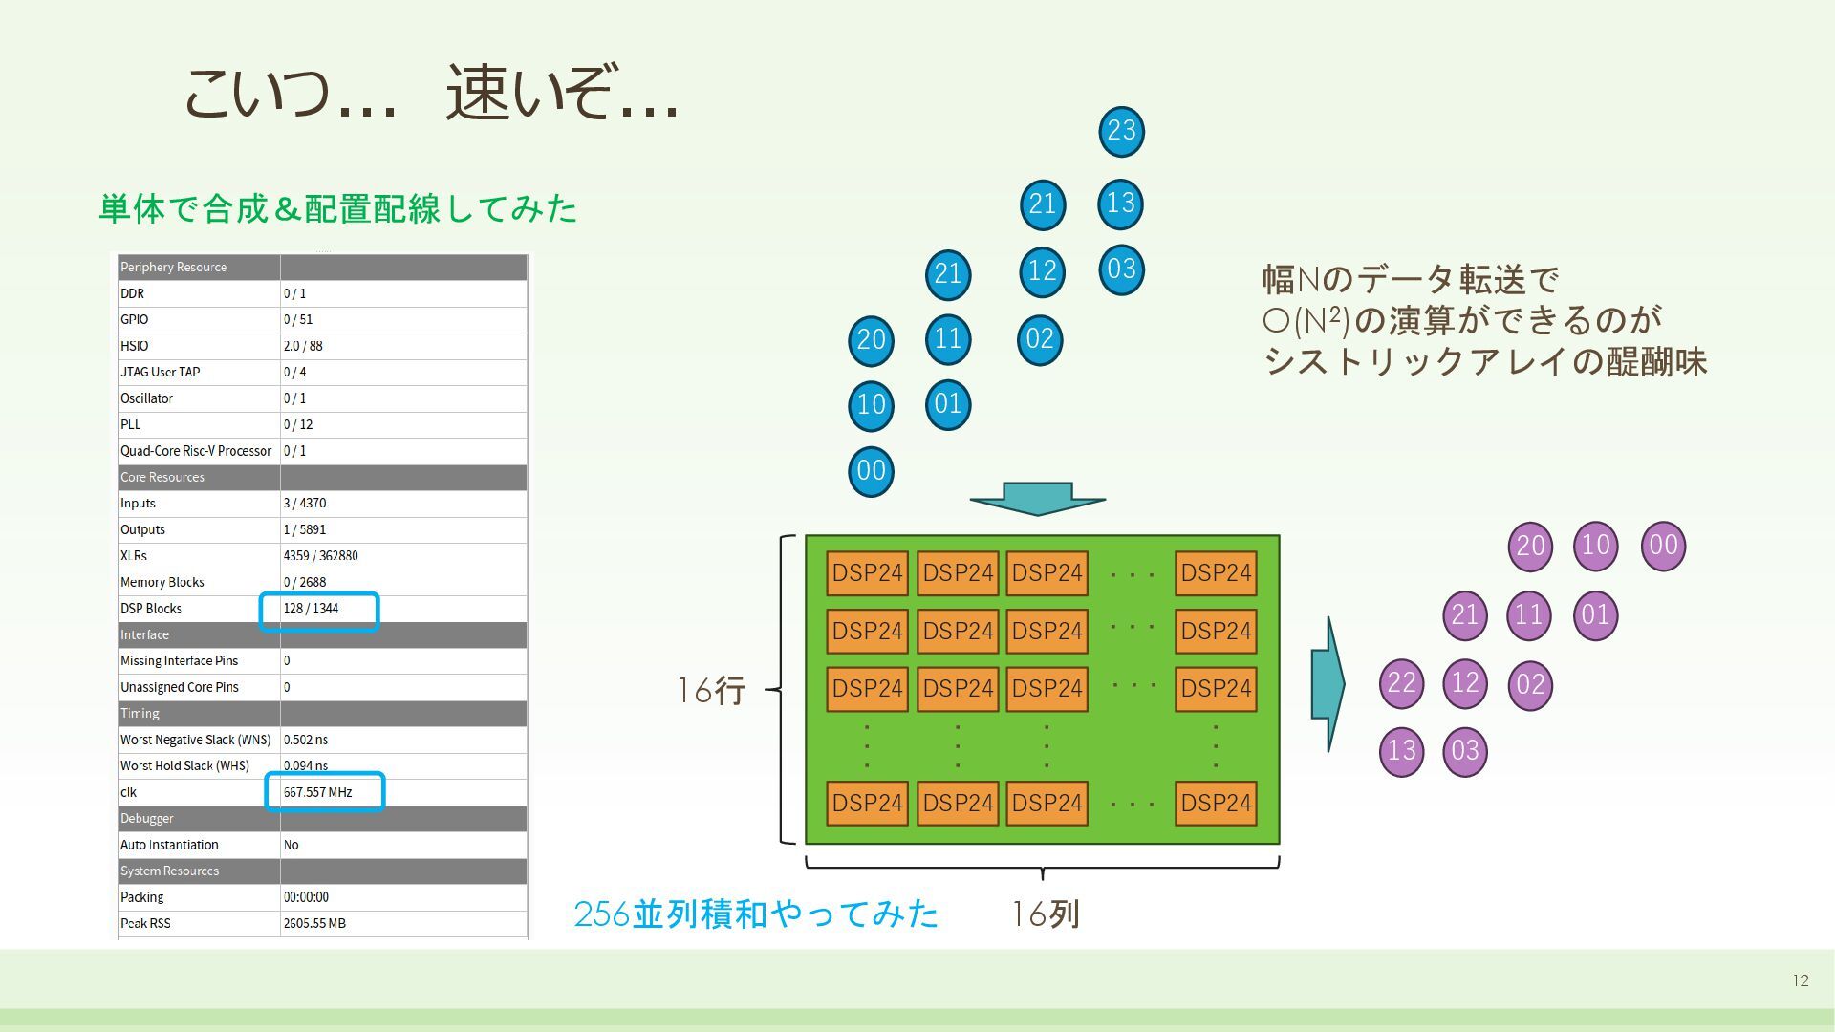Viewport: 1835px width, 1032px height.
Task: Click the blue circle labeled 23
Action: (x=1121, y=131)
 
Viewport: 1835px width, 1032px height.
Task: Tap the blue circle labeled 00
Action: (x=871, y=471)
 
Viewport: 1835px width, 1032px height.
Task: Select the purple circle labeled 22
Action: (x=1401, y=683)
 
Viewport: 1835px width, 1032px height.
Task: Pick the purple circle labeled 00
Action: (x=1663, y=546)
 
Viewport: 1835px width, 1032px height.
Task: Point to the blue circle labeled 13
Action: (x=1120, y=204)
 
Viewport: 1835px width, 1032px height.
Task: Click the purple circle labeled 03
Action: (x=1464, y=751)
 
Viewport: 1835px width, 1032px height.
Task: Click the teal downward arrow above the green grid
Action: (x=1038, y=499)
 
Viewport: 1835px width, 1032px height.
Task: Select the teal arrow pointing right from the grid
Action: (x=1328, y=683)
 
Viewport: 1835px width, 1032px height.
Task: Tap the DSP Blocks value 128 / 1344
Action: (x=312, y=609)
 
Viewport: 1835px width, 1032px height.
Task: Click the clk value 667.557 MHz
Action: (x=318, y=792)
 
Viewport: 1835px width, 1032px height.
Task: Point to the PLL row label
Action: (x=131, y=424)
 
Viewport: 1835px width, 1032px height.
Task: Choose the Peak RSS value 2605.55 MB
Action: (x=314, y=923)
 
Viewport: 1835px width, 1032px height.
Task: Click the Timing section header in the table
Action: (x=140, y=714)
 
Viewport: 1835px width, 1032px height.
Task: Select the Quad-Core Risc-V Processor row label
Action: (x=196, y=451)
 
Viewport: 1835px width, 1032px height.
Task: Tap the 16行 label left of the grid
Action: (x=711, y=690)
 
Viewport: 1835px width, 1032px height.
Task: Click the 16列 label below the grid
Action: (x=1046, y=914)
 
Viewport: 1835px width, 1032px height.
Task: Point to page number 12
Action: (x=1801, y=980)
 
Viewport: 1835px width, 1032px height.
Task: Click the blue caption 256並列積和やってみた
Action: (x=756, y=914)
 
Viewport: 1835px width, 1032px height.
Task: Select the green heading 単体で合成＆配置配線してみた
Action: (x=338, y=208)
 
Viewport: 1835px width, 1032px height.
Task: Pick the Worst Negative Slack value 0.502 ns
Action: (x=306, y=740)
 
